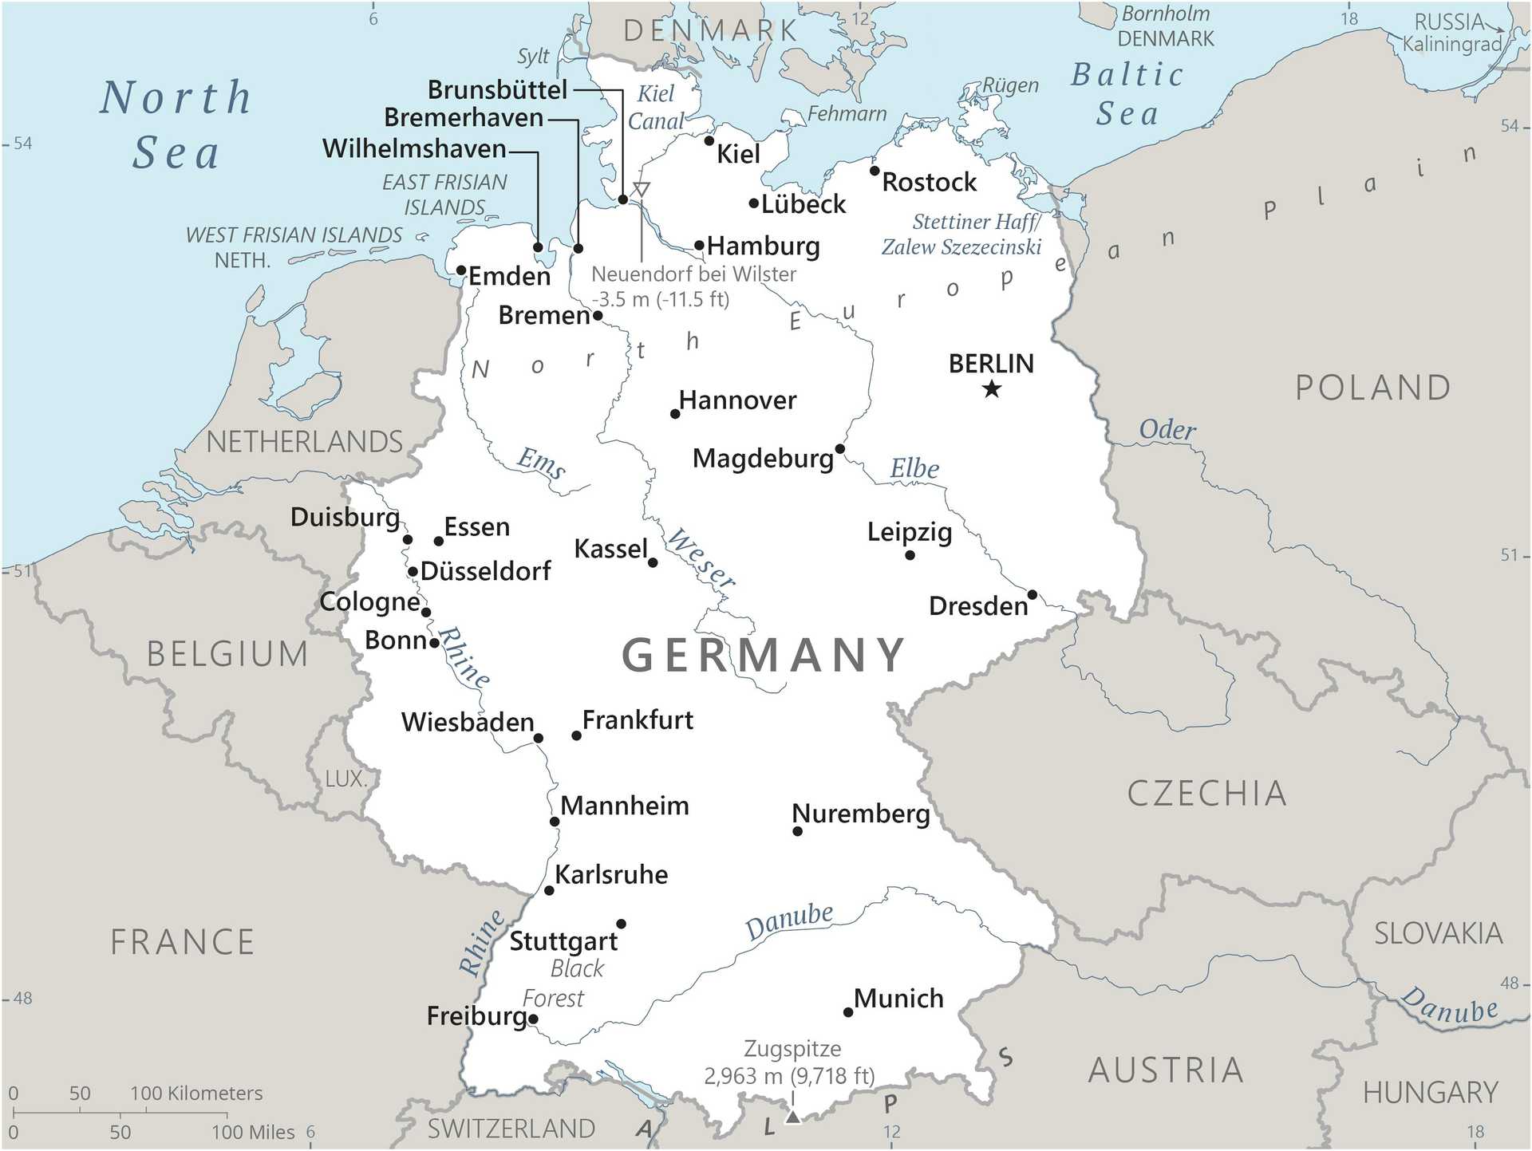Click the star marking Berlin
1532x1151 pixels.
(992, 389)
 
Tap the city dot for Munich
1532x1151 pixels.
(848, 1012)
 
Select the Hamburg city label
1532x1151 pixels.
(763, 246)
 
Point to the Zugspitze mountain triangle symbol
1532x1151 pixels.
(792, 1117)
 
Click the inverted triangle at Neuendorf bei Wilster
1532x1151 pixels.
(641, 190)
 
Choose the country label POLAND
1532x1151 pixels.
(1372, 388)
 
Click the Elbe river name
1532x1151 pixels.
(914, 469)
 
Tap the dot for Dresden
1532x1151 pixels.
(1032, 595)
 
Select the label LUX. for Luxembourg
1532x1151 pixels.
(345, 779)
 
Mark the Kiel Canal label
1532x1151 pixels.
(656, 107)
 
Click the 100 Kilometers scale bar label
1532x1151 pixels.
(196, 1093)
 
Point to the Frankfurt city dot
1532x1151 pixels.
(576, 735)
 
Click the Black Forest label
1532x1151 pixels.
(563, 983)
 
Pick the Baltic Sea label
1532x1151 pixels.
(1127, 94)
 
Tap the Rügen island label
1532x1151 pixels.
(1010, 85)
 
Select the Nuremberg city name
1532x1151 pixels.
(860, 814)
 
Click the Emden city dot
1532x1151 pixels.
(461, 270)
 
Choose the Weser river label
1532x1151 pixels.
(701, 558)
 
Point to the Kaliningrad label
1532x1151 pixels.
(1451, 45)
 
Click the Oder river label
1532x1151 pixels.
(1167, 430)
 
